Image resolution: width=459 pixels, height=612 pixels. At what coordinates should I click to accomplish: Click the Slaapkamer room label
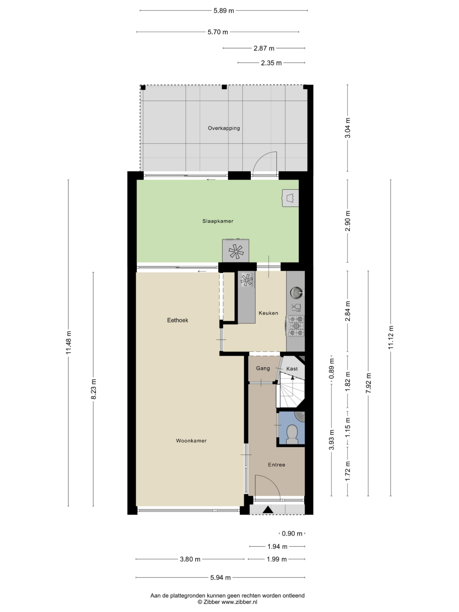click(x=218, y=221)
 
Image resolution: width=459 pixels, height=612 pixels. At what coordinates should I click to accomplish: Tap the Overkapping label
click(x=224, y=128)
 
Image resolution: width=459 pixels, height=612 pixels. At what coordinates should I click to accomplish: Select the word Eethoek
click(x=177, y=321)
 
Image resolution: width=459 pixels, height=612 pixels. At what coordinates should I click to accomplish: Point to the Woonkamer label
click(x=191, y=441)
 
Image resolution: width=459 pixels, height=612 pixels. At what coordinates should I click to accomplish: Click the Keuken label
click(x=269, y=313)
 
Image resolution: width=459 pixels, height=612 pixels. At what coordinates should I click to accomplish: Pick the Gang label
click(x=263, y=369)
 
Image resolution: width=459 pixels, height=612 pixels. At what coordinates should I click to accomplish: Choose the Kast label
click(x=292, y=369)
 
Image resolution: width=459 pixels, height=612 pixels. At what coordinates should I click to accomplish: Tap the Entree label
click(x=277, y=465)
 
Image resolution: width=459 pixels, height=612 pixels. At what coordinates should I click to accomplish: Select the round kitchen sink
click(x=296, y=293)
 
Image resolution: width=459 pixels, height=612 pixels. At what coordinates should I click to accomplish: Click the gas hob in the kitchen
click(x=296, y=326)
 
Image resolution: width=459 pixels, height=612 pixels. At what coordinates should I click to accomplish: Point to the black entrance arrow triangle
click(x=268, y=509)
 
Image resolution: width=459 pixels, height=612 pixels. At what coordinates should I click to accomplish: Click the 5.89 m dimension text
click(x=224, y=11)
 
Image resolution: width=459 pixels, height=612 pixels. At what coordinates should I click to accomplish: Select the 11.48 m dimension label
click(x=69, y=343)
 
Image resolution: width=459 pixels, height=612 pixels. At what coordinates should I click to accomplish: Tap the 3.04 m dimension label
click(x=348, y=128)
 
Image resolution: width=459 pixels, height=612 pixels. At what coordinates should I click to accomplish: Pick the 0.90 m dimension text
click(x=292, y=534)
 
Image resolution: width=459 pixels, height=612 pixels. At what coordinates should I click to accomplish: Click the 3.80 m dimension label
click(x=190, y=559)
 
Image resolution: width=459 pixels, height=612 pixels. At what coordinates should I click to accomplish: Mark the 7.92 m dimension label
click(x=368, y=383)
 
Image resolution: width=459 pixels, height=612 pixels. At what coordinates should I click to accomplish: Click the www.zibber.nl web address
click(x=239, y=602)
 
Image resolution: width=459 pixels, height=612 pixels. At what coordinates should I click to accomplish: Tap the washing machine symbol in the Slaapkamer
click(x=290, y=198)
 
